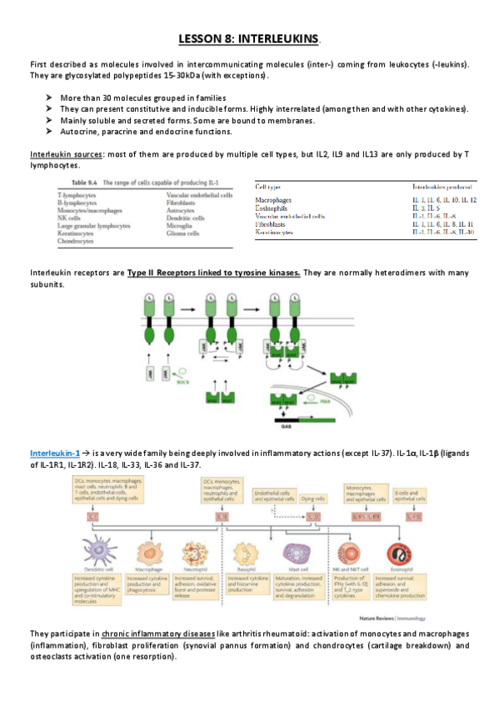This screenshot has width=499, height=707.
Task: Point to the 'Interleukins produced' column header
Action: pyautogui.click(x=446, y=187)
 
